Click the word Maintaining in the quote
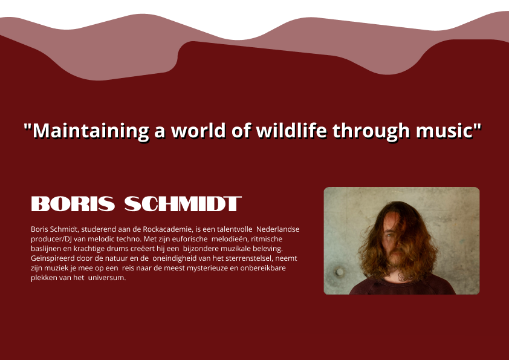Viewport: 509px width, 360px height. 91,131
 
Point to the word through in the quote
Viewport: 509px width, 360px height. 371,131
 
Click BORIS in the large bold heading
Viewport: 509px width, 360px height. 73,204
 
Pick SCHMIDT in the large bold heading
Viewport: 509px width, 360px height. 183,204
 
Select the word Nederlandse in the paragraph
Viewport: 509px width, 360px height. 278,229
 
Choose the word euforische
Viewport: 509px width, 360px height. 190,239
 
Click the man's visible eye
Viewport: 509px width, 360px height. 389,235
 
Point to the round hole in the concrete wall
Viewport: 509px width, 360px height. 339,272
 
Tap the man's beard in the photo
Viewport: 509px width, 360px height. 397,257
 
